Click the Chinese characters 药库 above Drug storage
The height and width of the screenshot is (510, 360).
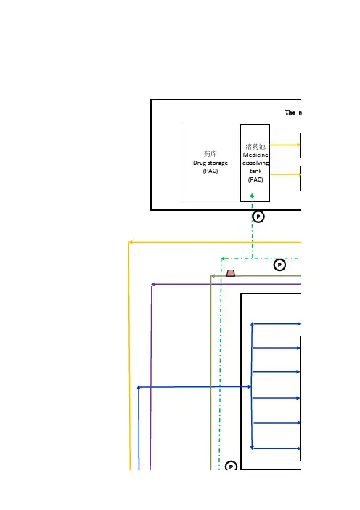click(x=210, y=153)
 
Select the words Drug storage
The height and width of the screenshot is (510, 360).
click(x=210, y=163)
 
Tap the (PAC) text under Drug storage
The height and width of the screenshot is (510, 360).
click(x=210, y=171)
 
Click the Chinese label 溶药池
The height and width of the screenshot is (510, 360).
click(x=255, y=146)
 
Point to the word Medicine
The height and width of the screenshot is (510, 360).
click(x=255, y=155)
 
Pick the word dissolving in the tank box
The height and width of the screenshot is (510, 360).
click(x=255, y=163)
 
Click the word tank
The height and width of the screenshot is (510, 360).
click(x=255, y=171)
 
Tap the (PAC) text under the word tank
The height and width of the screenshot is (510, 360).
click(x=255, y=179)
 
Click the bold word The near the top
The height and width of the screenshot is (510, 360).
click(x=290, y=113)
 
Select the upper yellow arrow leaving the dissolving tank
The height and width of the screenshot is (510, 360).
click(x=285, y=145)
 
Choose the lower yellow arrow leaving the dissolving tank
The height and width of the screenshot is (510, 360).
click(x=286, y=174)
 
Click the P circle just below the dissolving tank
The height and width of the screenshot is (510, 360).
click(x=258, y=216)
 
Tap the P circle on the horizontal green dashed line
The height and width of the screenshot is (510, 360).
click(x=279, y=264)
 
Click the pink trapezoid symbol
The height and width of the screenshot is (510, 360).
click(x=231, y=273)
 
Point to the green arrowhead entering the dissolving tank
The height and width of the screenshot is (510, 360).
click(x=252, y=195)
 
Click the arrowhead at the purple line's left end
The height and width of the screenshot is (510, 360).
click(x=153, y=284)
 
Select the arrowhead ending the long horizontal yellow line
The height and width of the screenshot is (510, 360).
click(x=131, y=243)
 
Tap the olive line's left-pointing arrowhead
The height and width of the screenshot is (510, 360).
click(x=213, y=276)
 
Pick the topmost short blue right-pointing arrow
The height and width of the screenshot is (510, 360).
click(x=277, y=324)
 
